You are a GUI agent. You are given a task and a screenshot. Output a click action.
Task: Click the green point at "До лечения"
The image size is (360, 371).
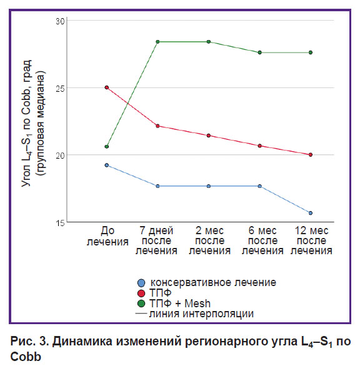(x=107, y=147)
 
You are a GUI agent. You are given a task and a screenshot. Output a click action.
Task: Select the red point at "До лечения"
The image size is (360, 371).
(x=107, y=87)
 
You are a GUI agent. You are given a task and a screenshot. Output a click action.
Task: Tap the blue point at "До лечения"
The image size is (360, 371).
(x=107, y=165)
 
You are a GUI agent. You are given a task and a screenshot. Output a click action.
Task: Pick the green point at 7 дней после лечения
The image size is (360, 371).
(x=157, y=42)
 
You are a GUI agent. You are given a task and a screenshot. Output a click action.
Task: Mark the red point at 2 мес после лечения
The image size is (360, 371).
(x=209, y=136)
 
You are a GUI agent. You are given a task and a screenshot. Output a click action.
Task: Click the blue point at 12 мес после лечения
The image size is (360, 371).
(x=311, y=213)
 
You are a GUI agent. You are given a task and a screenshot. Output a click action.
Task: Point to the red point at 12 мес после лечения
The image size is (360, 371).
(x=311, y=155)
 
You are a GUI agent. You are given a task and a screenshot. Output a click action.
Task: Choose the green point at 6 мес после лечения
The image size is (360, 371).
(x=259, y=52)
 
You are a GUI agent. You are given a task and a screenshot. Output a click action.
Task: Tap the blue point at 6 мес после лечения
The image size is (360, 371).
(x=259, y=186)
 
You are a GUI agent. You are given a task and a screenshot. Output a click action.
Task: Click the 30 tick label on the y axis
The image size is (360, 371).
(x=60, y=21)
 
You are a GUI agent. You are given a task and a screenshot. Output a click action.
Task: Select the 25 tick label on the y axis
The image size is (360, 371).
(x=60, y=89)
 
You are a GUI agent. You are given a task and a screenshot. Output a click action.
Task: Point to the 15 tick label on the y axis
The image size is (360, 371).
(x=60, y=223)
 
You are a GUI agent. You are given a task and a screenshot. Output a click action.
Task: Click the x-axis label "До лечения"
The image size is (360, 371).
(x=107, y=236)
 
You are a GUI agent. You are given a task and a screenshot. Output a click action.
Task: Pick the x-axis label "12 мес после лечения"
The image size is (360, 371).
(x=311, y=240)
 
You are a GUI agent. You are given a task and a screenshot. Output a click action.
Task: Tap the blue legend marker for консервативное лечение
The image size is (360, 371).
(x=141, y=283)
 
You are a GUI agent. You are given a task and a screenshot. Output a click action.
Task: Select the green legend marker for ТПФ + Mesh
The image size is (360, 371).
(x=141, y=304)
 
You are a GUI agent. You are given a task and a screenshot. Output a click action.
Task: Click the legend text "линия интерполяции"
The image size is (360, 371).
(x=201, y=314)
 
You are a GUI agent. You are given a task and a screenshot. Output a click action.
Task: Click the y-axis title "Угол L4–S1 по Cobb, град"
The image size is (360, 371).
(x=26, y=123)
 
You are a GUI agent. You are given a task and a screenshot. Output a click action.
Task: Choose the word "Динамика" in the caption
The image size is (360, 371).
(x=82, y=342)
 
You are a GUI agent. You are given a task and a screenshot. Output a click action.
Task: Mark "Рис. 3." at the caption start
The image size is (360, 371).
(x=29, y=341)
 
